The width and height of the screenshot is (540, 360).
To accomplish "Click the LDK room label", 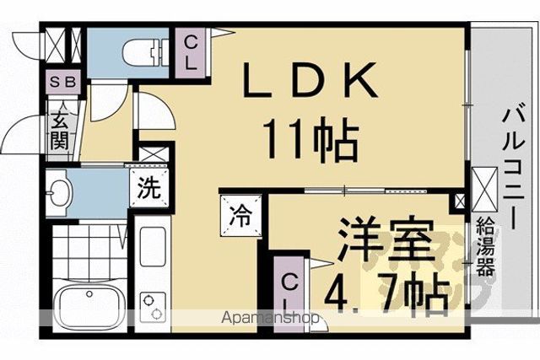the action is [x=310, y=80].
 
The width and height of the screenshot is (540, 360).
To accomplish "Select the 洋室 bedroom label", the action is [x=386, y=240].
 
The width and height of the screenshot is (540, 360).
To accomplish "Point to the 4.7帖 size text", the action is [x=387, y=292].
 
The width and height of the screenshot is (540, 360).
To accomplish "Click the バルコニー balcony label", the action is [x=513, y=169].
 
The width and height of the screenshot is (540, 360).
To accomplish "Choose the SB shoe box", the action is [x=63, y=82].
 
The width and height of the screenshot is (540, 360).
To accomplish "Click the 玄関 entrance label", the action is [x=60, y=131].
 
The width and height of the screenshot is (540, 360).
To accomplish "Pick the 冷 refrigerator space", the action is [x=240, y=216].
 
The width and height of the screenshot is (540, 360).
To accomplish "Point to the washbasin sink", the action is [x=59, y=193].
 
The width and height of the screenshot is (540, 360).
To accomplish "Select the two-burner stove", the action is [x=153, y=306].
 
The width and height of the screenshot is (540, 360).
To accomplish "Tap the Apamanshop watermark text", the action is [x=270, y=318].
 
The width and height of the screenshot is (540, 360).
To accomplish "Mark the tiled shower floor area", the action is [x=89, y=253].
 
